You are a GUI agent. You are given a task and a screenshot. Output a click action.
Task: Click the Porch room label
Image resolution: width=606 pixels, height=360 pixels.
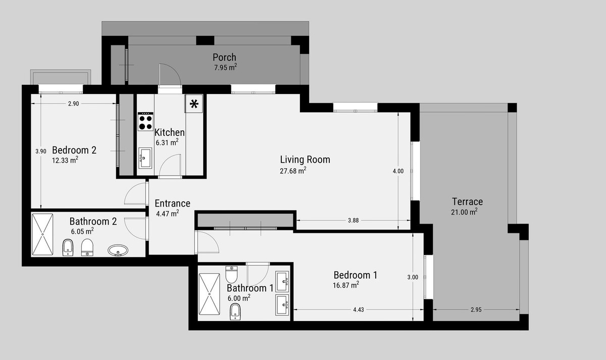[224, 57]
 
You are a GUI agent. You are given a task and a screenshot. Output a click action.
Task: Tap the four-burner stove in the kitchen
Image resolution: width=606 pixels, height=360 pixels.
[146, 121]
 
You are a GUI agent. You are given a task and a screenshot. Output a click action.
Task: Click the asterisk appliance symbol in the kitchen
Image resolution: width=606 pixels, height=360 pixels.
[194, 105]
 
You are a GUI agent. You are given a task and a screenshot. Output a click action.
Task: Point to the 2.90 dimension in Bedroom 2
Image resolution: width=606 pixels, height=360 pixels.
[73, 104]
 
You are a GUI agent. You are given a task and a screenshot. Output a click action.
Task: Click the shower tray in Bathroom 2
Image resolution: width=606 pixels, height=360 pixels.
[42, 234]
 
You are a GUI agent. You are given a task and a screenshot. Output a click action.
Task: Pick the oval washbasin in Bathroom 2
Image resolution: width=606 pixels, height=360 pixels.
[118, 250]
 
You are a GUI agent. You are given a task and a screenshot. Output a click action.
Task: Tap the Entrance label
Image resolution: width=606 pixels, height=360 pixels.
[172, 203]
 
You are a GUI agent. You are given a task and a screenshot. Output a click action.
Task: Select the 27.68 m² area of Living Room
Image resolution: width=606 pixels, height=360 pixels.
[293, 171]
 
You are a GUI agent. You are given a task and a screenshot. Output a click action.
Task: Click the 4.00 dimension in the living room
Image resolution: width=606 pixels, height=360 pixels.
[398, 171]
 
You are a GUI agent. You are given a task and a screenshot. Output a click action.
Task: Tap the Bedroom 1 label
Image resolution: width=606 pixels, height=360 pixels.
[355, 275]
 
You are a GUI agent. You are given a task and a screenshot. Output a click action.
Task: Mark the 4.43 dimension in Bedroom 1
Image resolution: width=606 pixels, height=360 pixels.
[359, 310]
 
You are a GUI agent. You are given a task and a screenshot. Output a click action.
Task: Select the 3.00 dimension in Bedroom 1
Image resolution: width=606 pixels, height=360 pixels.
[413, 277]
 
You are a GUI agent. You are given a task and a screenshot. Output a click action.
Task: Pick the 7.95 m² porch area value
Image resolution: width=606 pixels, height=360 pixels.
[225, 67]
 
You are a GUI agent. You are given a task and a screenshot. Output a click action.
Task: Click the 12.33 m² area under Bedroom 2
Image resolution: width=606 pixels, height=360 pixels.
[65, 161]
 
